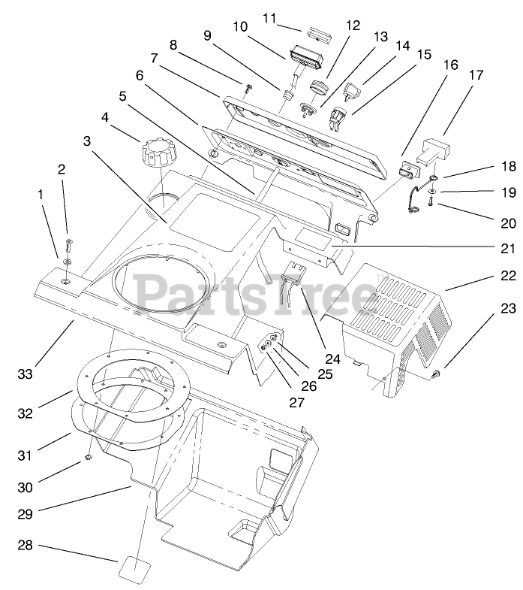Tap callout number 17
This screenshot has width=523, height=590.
[x=476, y=75]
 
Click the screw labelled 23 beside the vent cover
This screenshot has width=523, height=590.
[x=437, y=374]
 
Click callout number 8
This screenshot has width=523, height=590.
[x=173, y=44]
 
